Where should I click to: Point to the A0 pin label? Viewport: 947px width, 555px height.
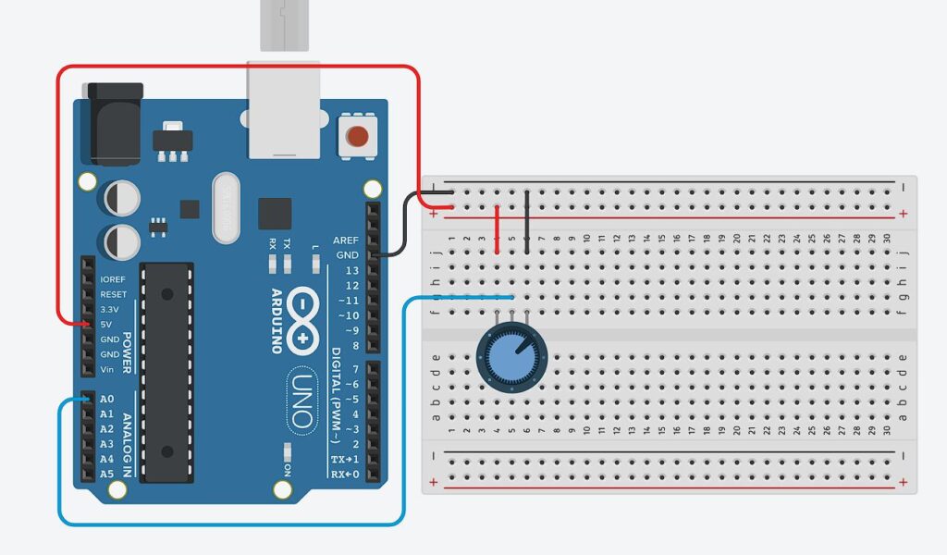tap(107, 400)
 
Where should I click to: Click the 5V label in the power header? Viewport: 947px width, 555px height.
tap(107, 325)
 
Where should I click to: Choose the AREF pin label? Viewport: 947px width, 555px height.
tap(346, 240)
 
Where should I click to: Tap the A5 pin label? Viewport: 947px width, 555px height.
tap(107, 475)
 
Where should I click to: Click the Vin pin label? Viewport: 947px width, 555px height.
tap(107, 370)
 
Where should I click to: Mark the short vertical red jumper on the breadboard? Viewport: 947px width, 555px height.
tap(498, 228)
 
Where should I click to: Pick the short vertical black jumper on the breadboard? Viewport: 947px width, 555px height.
tap(527, 221)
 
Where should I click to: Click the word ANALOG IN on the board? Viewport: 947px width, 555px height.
tap(127, 435)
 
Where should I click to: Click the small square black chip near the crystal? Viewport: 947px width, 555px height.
tap(275, 213)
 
